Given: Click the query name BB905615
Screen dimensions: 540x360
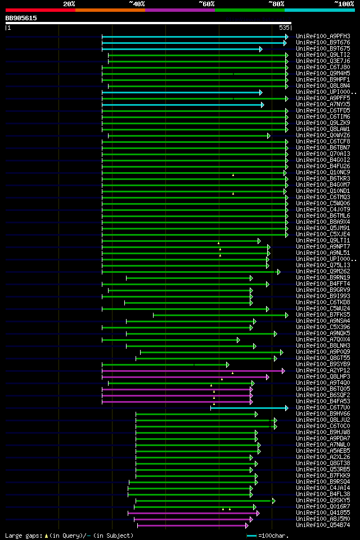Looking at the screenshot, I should pos(21,18).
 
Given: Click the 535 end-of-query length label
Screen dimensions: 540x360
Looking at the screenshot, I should pos(283,27).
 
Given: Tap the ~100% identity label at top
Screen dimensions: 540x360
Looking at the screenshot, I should pos(344,3).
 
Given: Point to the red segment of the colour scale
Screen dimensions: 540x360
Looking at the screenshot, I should pos(40,10).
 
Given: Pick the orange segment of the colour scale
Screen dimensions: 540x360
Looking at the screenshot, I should pos(110,10).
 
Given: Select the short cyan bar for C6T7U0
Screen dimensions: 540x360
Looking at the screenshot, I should pos(249,408).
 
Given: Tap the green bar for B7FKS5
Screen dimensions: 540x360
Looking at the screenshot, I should pos(219,315).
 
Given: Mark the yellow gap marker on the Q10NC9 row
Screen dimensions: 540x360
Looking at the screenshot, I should pos(233,175).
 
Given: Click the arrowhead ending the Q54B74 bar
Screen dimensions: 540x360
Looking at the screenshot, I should pos(246,525).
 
